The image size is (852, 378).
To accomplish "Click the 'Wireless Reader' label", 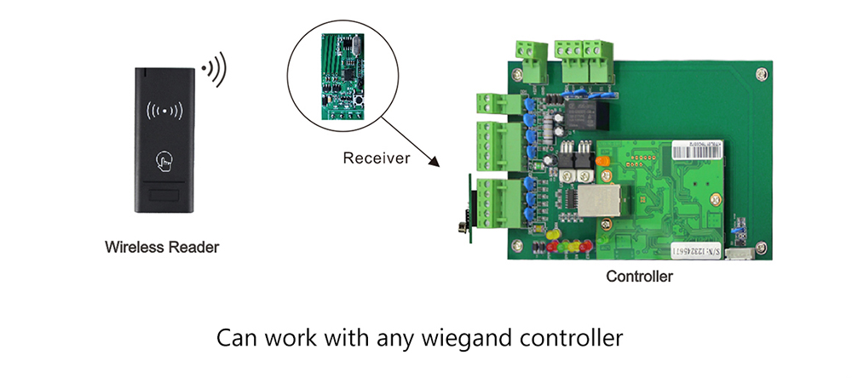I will coord(162,248).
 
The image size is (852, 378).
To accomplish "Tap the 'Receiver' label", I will coord(377,157).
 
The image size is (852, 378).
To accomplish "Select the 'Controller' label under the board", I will coord(639,276).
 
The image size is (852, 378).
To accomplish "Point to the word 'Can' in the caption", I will coord(236,337).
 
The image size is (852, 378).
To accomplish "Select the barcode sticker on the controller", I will coord(695,146).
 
